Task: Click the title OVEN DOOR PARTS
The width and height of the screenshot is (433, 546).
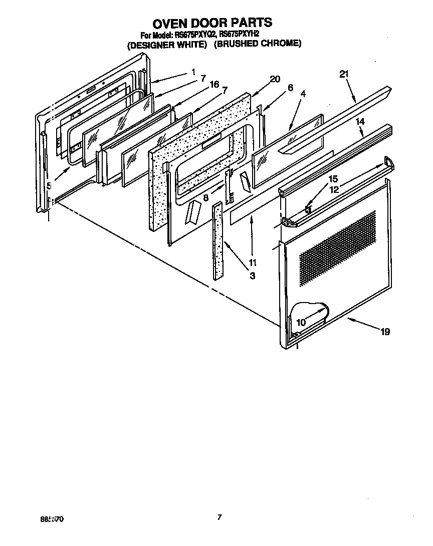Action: click(x=212, y=23)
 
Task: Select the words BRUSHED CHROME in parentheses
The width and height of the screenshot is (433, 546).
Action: click(x=258, y=44)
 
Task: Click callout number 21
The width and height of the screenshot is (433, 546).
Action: click(x=343, y=74)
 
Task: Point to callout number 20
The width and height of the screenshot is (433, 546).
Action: click(x=275, y=79)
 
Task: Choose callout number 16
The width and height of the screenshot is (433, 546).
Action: click(x=214, y=85)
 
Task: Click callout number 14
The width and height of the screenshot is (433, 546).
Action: click(x=360, y=121)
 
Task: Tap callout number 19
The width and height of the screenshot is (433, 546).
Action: click(x=385, y=332)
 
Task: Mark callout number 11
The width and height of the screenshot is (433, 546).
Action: click(x=252, y=262)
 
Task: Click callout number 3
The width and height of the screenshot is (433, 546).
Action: click(x=252, y=276)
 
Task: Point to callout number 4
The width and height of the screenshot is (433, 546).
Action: click(x=303, y=93)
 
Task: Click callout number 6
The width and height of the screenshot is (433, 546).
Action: click(x=290, y=87)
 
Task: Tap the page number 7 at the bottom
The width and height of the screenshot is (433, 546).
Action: click(x=219, y=517)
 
